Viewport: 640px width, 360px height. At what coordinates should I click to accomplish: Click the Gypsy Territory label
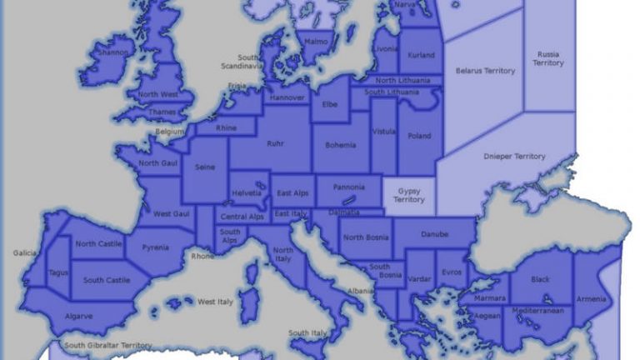coord(408,195)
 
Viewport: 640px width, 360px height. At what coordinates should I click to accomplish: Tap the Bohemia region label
coord(340,145)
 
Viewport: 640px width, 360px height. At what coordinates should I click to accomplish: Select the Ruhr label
coord(275,143)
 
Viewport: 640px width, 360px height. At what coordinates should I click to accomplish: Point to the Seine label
coord(205,167)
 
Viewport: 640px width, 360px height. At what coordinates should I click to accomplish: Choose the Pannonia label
coord(348,187)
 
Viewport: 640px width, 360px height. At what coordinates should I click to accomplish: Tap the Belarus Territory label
coord(485,71)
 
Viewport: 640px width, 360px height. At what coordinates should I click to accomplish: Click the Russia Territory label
coord(548,58)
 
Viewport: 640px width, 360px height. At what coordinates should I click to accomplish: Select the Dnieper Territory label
coord(514,156)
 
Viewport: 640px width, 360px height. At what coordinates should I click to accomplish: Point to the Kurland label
coord(421,55)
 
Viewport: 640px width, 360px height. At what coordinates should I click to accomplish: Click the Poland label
coord(419,136)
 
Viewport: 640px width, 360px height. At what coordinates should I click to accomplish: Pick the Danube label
coord(433,234)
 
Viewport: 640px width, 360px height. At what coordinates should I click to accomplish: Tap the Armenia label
coord(592,298)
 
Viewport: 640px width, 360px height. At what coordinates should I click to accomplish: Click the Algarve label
coord(80,316)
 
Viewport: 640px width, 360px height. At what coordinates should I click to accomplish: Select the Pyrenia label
coord(155,247)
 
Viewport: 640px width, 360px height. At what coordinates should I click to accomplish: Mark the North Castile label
coord(99,243)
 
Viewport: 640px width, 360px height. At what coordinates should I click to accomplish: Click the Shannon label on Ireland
coord(113,52)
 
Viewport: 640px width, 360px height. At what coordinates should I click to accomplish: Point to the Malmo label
coord(316,40)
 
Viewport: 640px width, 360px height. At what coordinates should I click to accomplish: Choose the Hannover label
coord(285,97)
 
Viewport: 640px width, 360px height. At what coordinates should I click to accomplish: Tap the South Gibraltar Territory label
coord(108,345)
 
